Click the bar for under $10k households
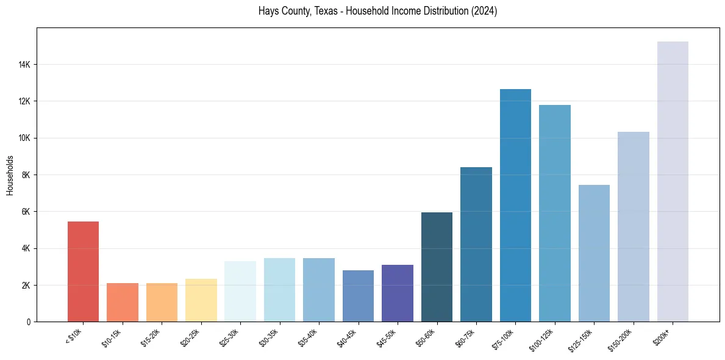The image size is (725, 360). coord(83,272)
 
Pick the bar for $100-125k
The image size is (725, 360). coord(555,214)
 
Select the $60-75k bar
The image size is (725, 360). coord(476,245)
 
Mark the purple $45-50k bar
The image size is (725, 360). coord(398,293)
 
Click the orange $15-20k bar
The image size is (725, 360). coord(162,303)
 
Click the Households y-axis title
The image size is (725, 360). coord(10,175)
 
